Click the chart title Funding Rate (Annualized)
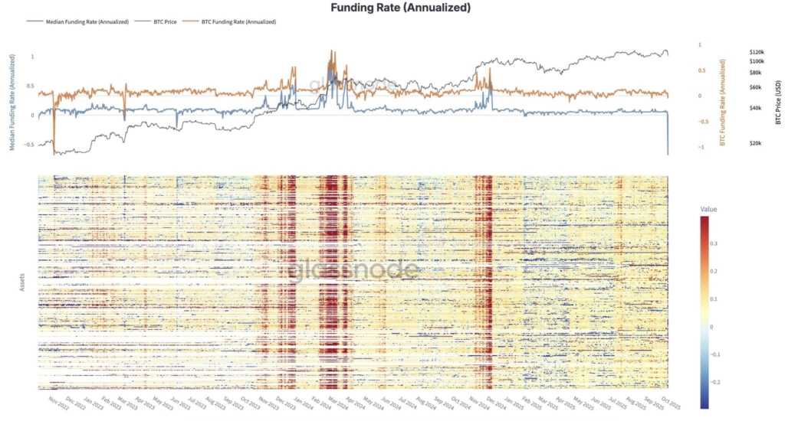[x=400, y=8]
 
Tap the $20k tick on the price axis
[x=755, y=143]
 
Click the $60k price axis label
[x=755, y=87]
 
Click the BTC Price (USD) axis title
[x=777, y=100]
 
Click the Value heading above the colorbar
[x=709, y=208]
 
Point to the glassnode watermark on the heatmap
[x=354, y=269]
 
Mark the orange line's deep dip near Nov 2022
[x=54, y=152]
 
